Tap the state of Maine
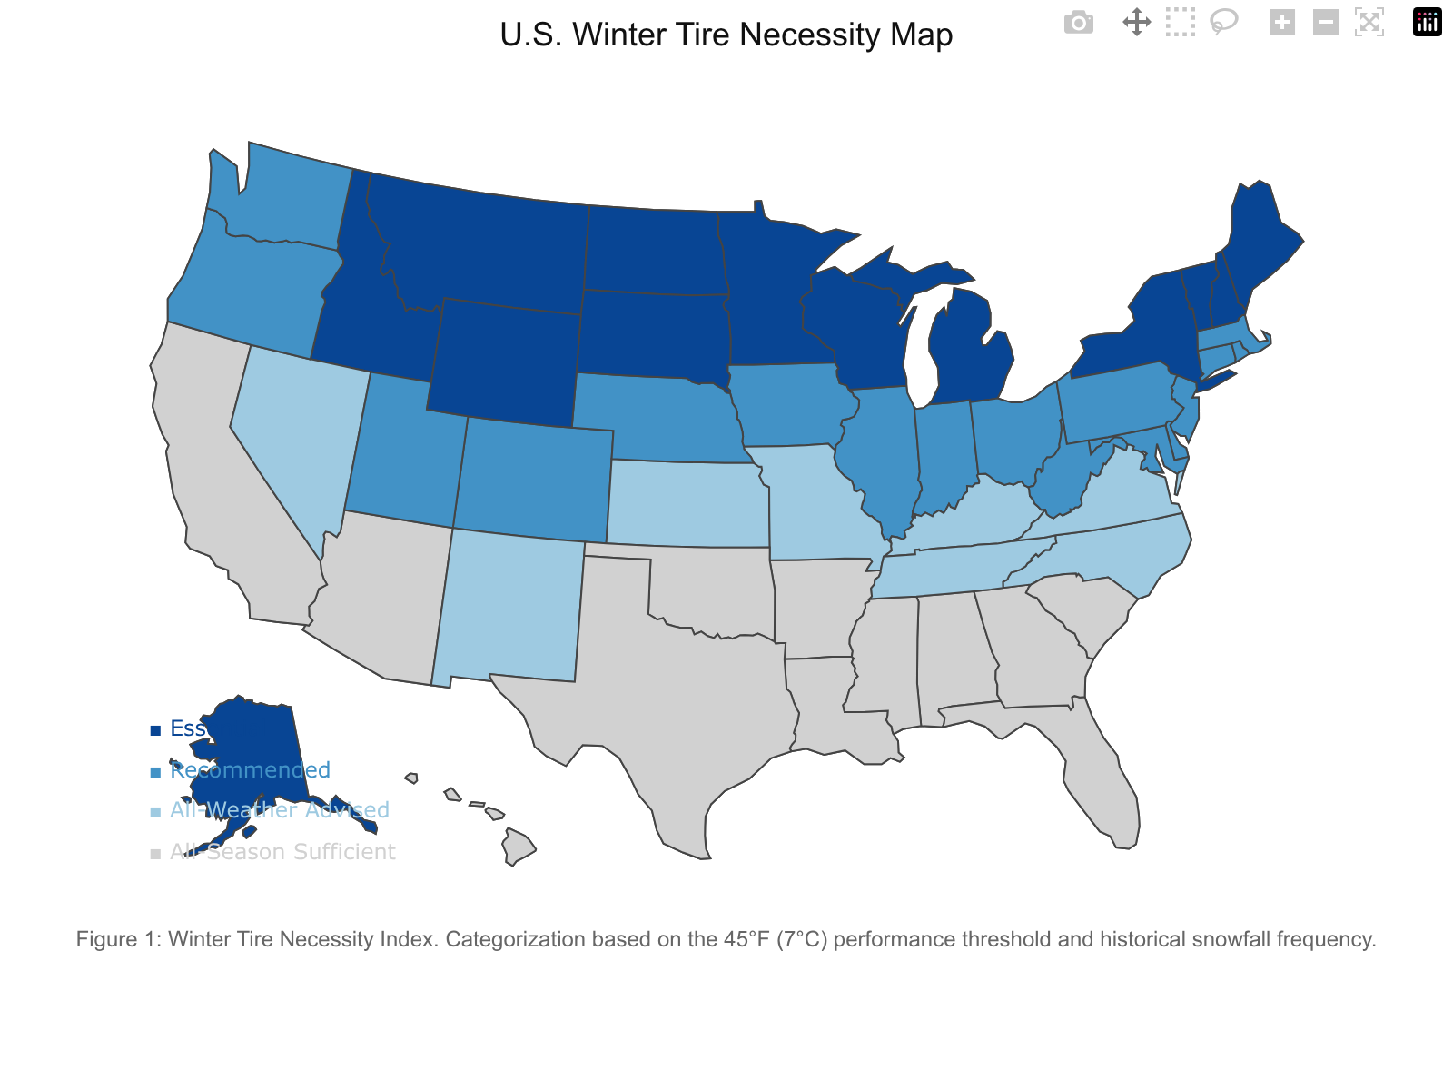coord(1262,236)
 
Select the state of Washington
coord(282,200)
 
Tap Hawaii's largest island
coord(519,847)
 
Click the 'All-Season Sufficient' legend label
coord(283,852)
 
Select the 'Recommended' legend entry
coord(251,770)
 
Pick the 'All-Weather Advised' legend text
coord(280,810)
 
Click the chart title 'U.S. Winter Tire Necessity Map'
coord(726,35)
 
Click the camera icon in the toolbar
coord(1078,23)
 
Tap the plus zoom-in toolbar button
coord(1281,23)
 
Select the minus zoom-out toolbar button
coord(1325,23)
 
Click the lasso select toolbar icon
coord(1224,23)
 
